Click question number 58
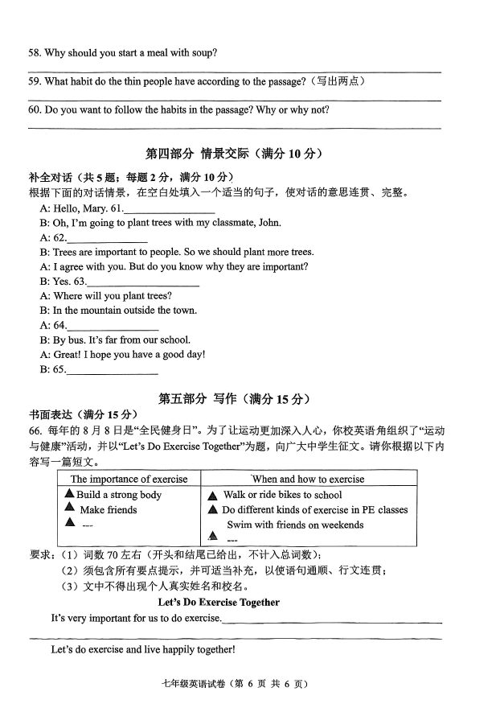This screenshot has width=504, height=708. click(35, 53)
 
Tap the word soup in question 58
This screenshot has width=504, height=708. click(202, 53)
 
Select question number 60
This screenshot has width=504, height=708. click(35, 110)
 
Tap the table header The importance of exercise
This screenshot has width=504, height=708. click(129, 479)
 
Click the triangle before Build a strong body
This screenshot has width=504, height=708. click(70, 494)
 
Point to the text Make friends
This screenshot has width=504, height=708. click(109, 509)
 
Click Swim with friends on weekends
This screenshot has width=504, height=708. click(294, 525)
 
